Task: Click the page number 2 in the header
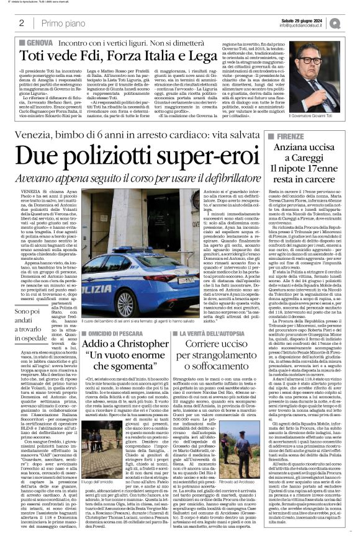coord(22,23)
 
